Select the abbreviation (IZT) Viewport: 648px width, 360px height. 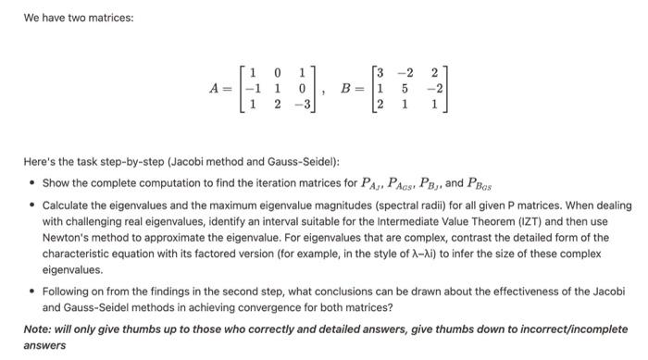click(543, 223)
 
